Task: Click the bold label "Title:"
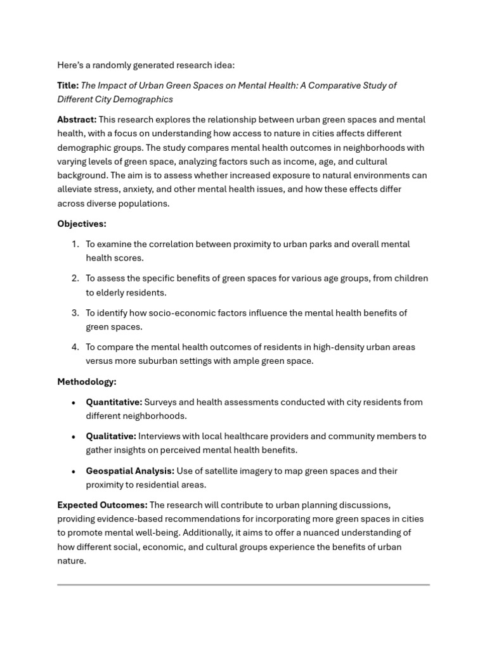(x=68, y=86)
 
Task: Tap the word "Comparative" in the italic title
(x=325, y=86)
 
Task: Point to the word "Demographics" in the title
(x=143, y=100)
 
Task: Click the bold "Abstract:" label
(x=77, y=120)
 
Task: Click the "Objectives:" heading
(x=82, y=224)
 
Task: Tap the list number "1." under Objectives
(x=75, y=244)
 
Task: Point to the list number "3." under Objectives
(x=75, y=313)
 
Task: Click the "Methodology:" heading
(x=87, y=382)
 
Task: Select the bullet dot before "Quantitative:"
(x=74, y=402)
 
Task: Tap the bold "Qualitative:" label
(x=111, y=437)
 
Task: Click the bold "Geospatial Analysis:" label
(x=130, y=471)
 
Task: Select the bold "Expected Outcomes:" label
(x=102, y=505)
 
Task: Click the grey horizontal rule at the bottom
(x=243, y=584)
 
